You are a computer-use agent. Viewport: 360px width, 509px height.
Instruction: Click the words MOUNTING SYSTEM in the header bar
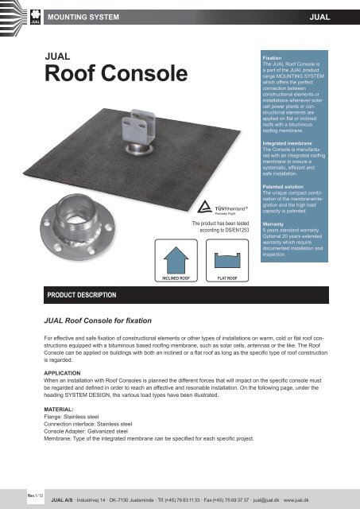[83, 15]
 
